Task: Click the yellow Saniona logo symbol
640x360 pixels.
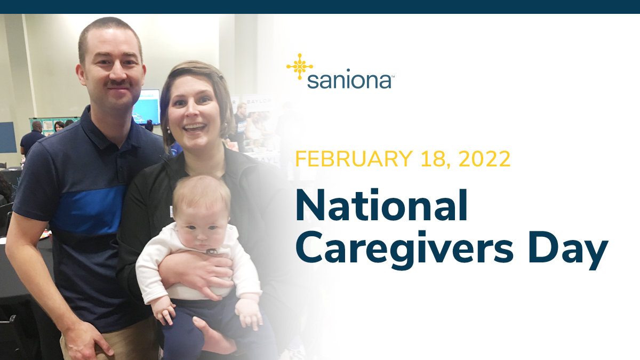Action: pos(299,67)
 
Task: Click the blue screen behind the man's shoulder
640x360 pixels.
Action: pos(146,107)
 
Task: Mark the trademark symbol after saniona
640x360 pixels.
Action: pos(393,76)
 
